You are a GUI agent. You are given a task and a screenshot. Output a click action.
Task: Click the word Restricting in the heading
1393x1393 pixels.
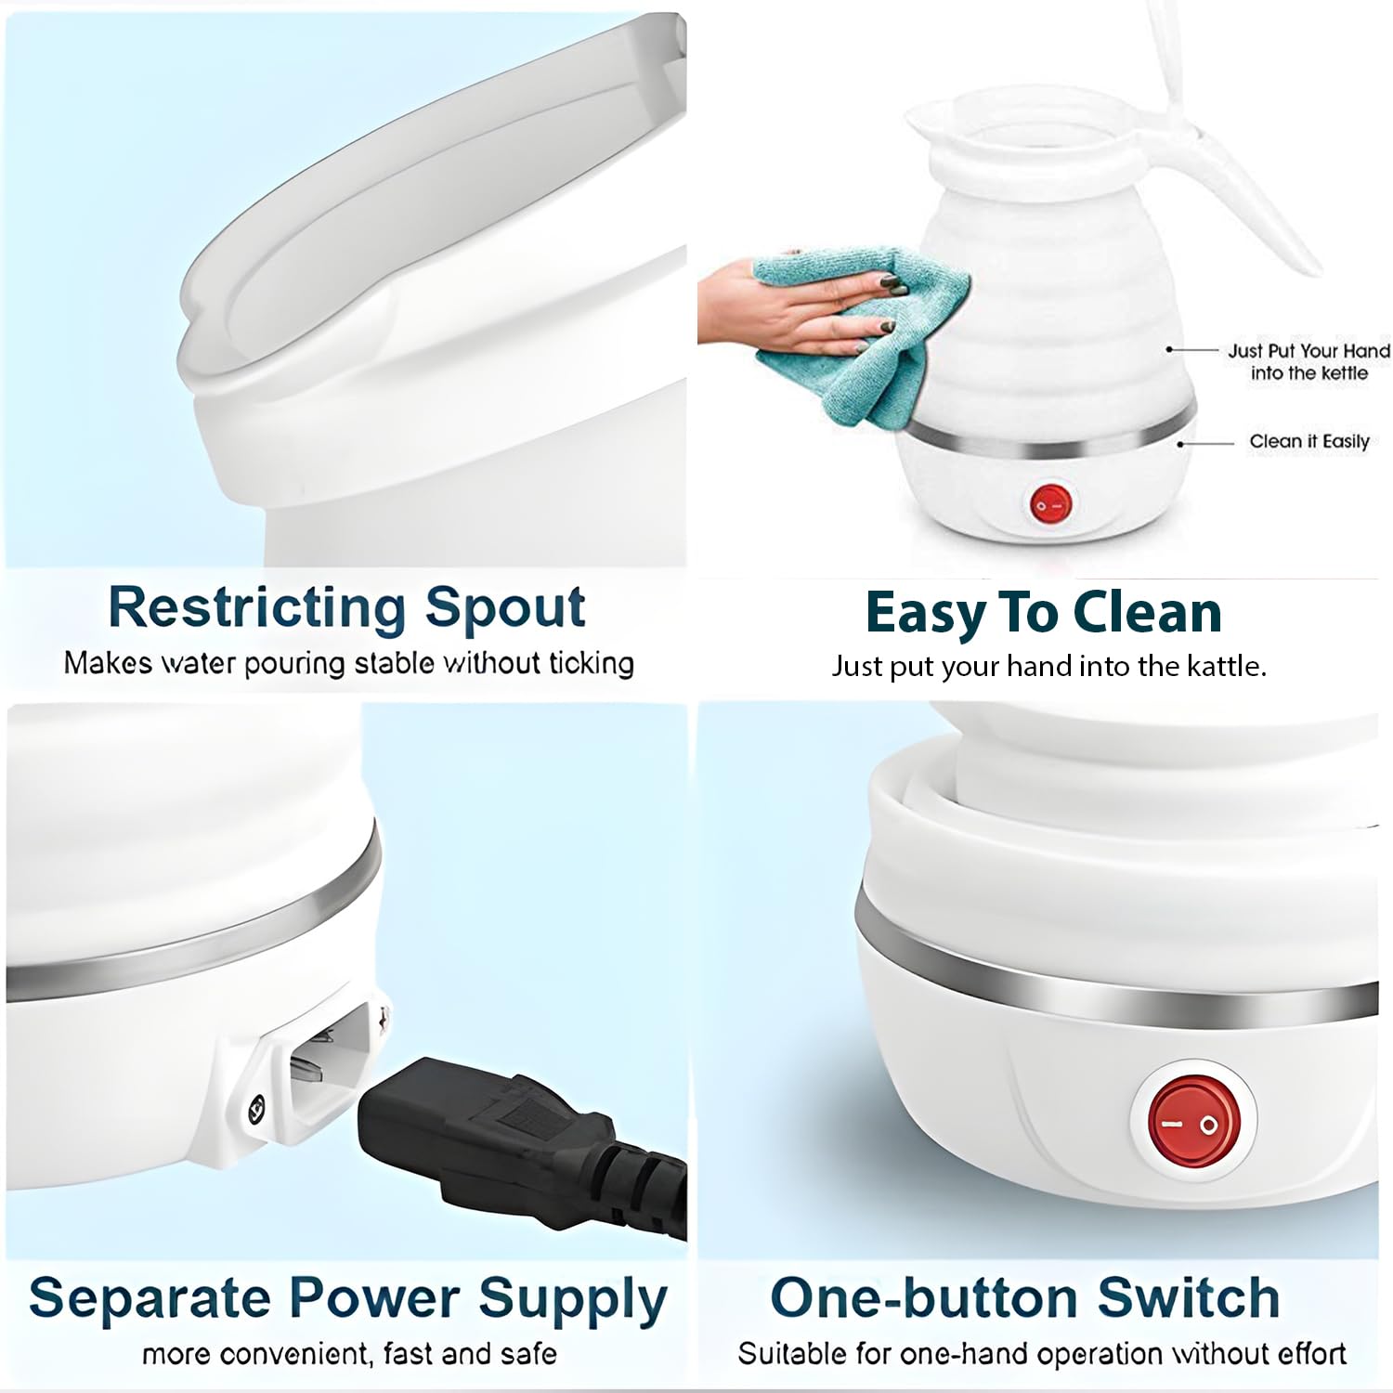pyautogui.click(x=256, y=608)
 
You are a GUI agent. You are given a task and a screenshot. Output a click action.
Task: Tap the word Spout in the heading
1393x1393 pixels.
pyautogui.click(x=505, y=608)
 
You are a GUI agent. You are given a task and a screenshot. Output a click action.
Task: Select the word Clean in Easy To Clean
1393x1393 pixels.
pyautogui.click(x=1147, y=613)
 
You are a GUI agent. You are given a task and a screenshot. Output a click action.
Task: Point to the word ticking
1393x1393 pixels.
pyautogui.click(x=591, y=663)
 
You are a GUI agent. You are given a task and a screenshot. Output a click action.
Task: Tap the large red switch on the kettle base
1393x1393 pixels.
pyautogui.click(x=1194, y=1124)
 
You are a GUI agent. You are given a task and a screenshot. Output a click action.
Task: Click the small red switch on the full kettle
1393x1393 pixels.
pyautogui.click(x=1050, y=505)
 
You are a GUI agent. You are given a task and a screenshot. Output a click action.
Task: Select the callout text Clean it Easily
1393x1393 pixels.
pyautogui.click(x=1309, y=441)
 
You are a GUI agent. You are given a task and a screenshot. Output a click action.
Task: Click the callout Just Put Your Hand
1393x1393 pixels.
pyautogui.click(x=1309, y=350)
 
